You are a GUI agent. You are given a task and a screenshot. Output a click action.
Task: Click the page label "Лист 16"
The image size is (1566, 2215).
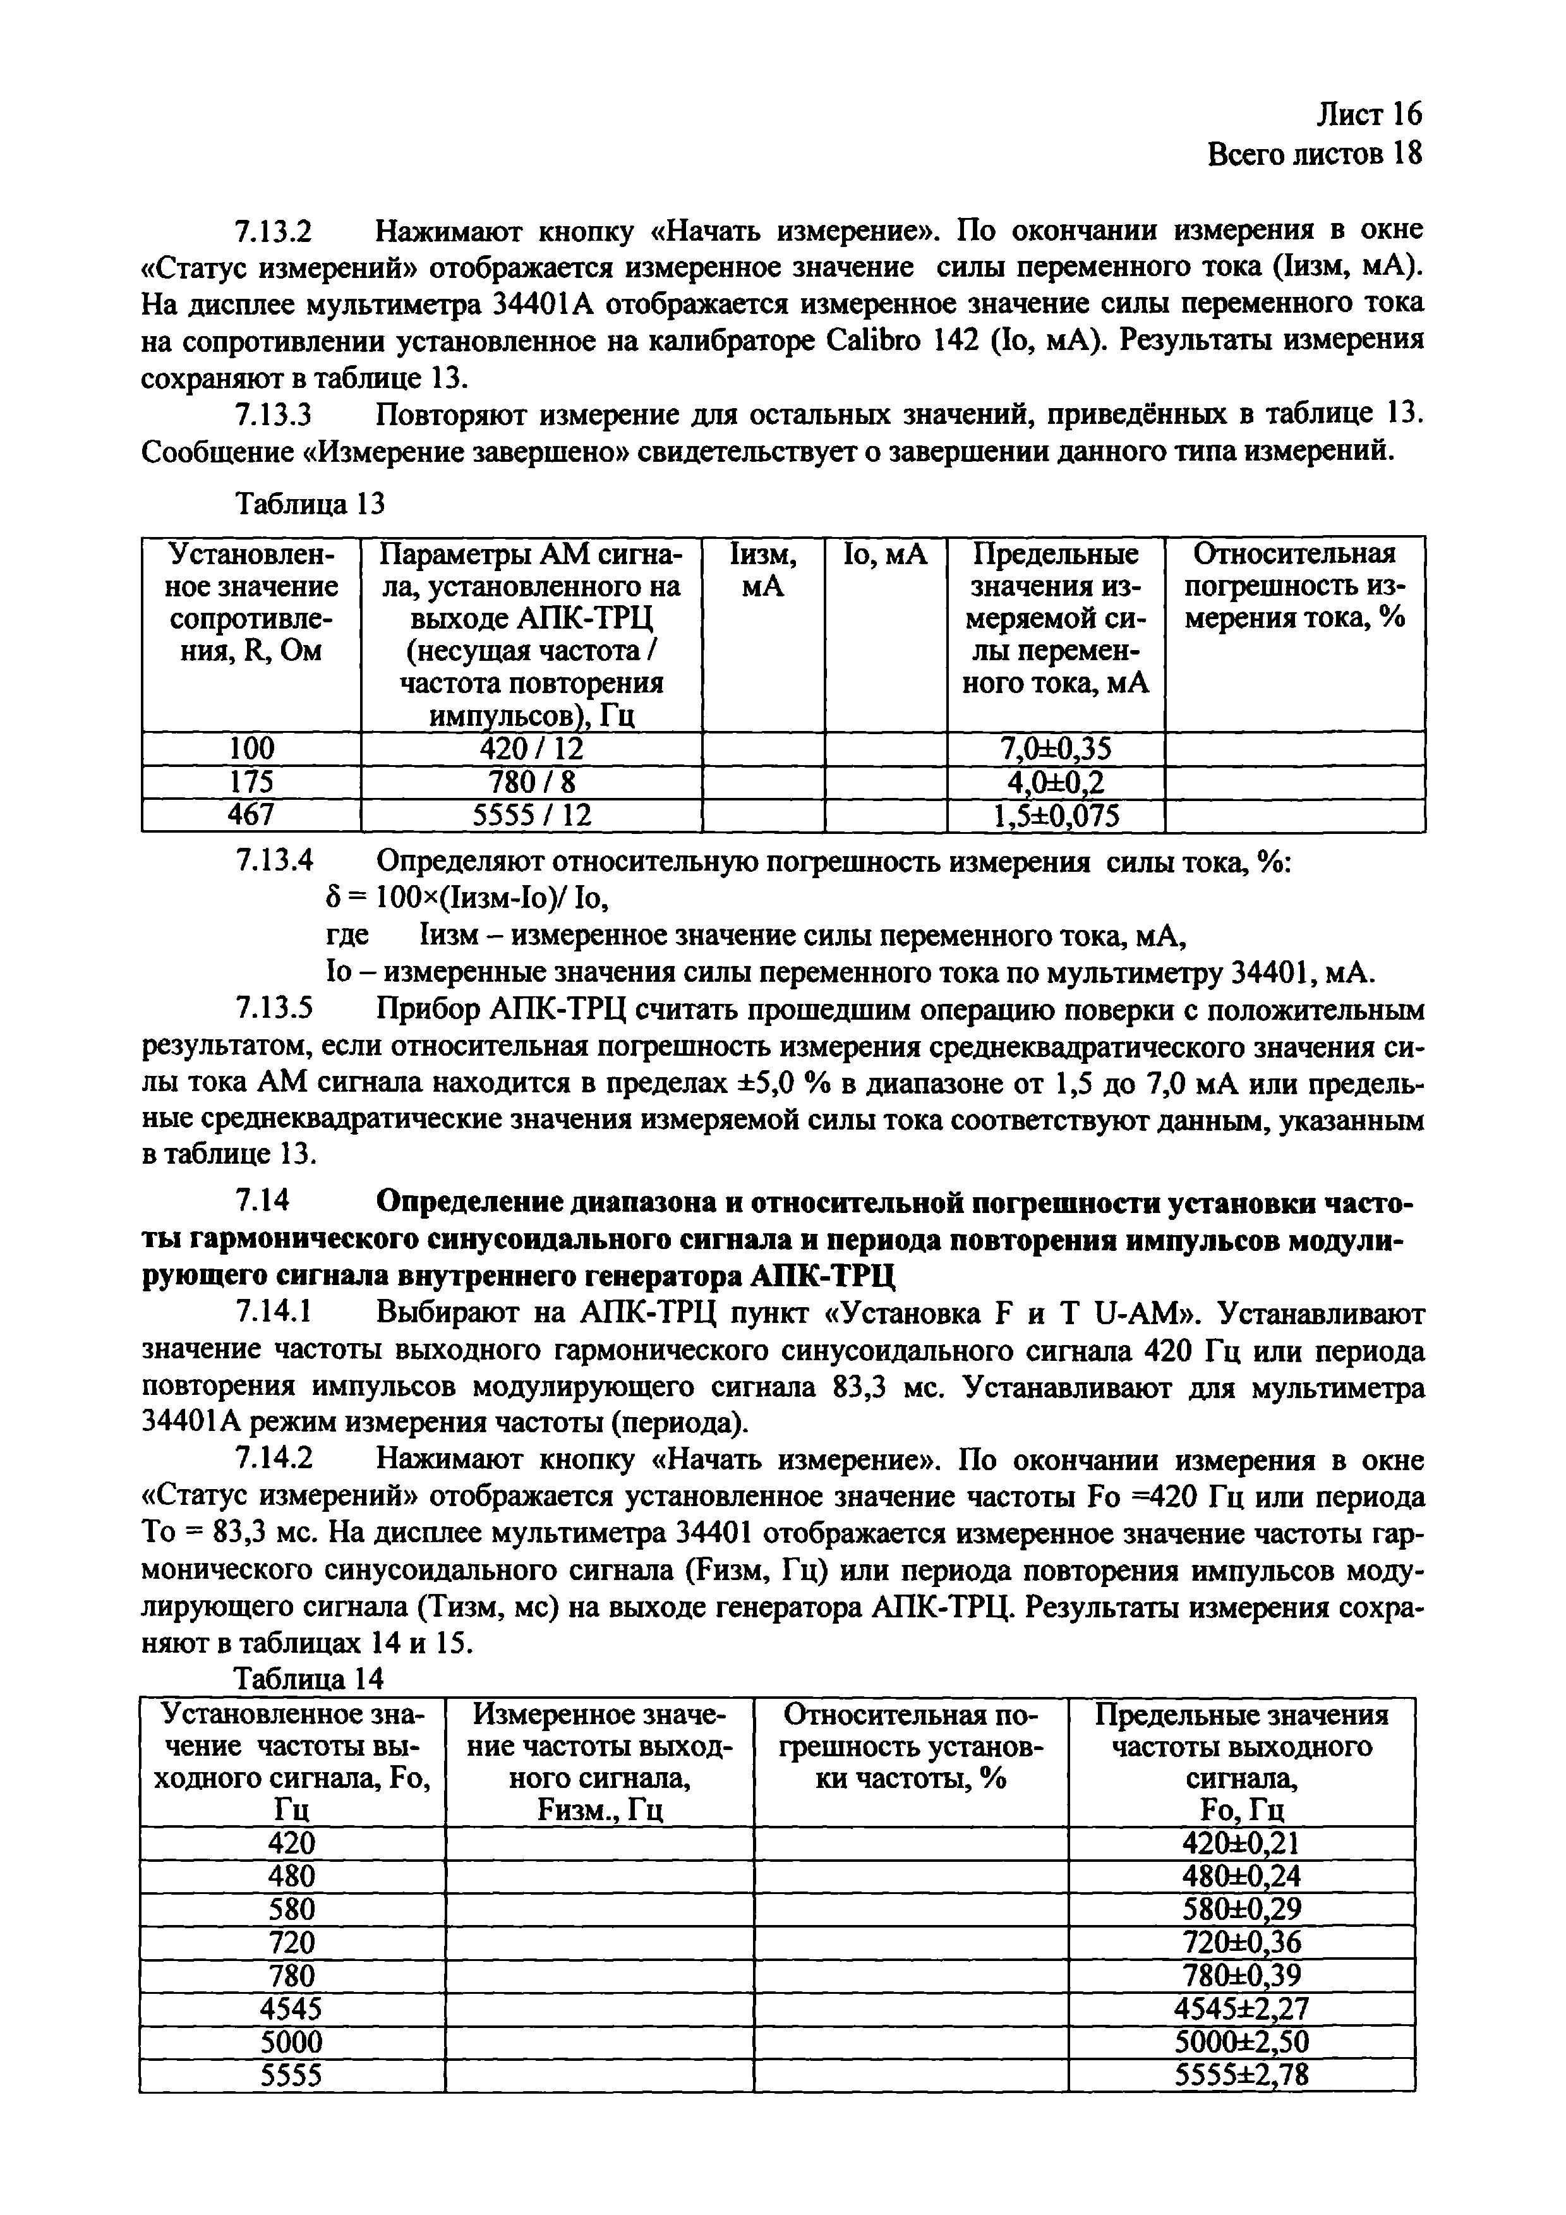[1368, 115]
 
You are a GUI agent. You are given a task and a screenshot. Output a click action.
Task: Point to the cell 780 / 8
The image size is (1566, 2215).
[531, 782]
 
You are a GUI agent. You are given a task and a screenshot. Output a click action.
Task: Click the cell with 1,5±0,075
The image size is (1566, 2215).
[1056, 816]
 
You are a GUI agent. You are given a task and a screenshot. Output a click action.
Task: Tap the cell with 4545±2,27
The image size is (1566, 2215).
[1241, 2008]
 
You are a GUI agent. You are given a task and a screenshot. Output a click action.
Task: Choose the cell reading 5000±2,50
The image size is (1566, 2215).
[1241, 2041]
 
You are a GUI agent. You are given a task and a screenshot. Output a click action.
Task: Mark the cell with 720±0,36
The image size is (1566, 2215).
[1241, 1942]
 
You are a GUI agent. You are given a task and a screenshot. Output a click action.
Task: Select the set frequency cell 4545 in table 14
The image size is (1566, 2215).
[291, 2008]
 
